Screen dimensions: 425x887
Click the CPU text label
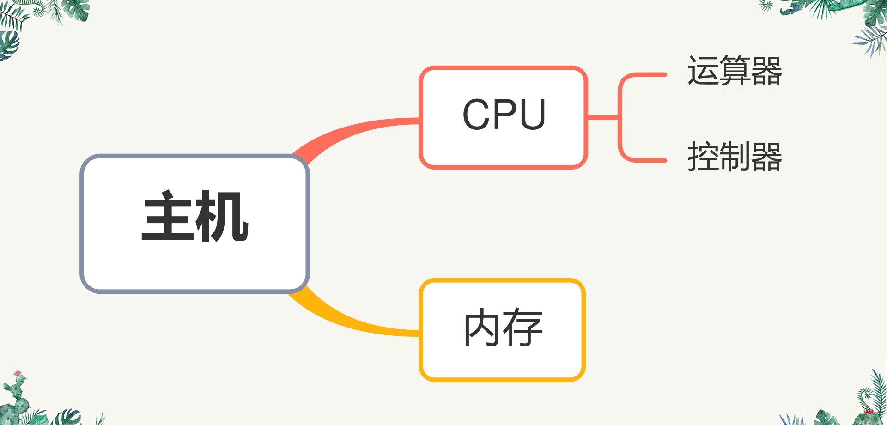coord(504,115)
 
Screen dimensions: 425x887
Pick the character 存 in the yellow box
coord(523,328)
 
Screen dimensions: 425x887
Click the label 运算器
coord(735,71)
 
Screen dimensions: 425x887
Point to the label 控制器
coord(735,157)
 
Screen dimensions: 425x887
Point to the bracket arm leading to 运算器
coord(647,74)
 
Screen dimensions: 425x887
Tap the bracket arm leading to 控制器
coord(647,160)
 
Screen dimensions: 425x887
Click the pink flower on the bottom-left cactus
coord(18,373)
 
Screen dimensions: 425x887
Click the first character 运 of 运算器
coord(703,71)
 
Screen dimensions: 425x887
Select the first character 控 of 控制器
coord(703,157)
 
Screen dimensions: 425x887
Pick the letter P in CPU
coord(504,115)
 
